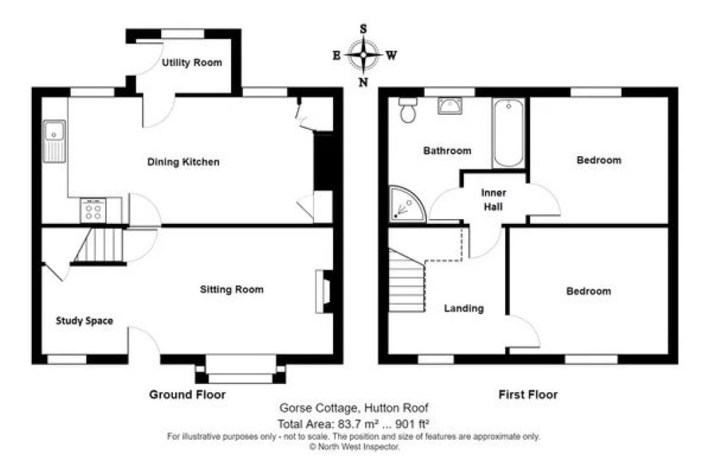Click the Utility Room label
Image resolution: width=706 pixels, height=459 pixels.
(x=192, y=63)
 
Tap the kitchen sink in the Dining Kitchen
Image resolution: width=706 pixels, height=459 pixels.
(x=54, y=141)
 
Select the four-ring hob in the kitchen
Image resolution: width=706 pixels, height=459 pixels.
(x=93, y=210)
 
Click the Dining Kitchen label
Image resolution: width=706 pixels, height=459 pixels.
(x=183, y=162)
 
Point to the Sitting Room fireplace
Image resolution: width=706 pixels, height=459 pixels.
(x=324, y=291)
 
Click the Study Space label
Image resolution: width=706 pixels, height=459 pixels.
(x=84, y=320)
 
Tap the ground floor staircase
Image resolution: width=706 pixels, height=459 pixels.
(x=99, y=245)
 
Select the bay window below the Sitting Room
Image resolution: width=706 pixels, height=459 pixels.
(x=241, y=370)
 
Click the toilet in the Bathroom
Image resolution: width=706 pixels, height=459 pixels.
(x=408, y=110)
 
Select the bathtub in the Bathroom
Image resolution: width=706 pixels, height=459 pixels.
(x=508, y=133)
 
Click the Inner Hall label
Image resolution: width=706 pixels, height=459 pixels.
(x=493, y=199)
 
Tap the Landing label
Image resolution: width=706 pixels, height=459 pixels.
(x=464, y=308)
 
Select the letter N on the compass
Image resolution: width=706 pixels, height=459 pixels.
(x=363, y=82)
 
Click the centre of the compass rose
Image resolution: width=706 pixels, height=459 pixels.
(x=363, y=55)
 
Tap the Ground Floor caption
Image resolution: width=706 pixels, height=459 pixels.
(x=187, y=394)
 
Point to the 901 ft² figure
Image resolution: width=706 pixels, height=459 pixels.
(x=412, y=423)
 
